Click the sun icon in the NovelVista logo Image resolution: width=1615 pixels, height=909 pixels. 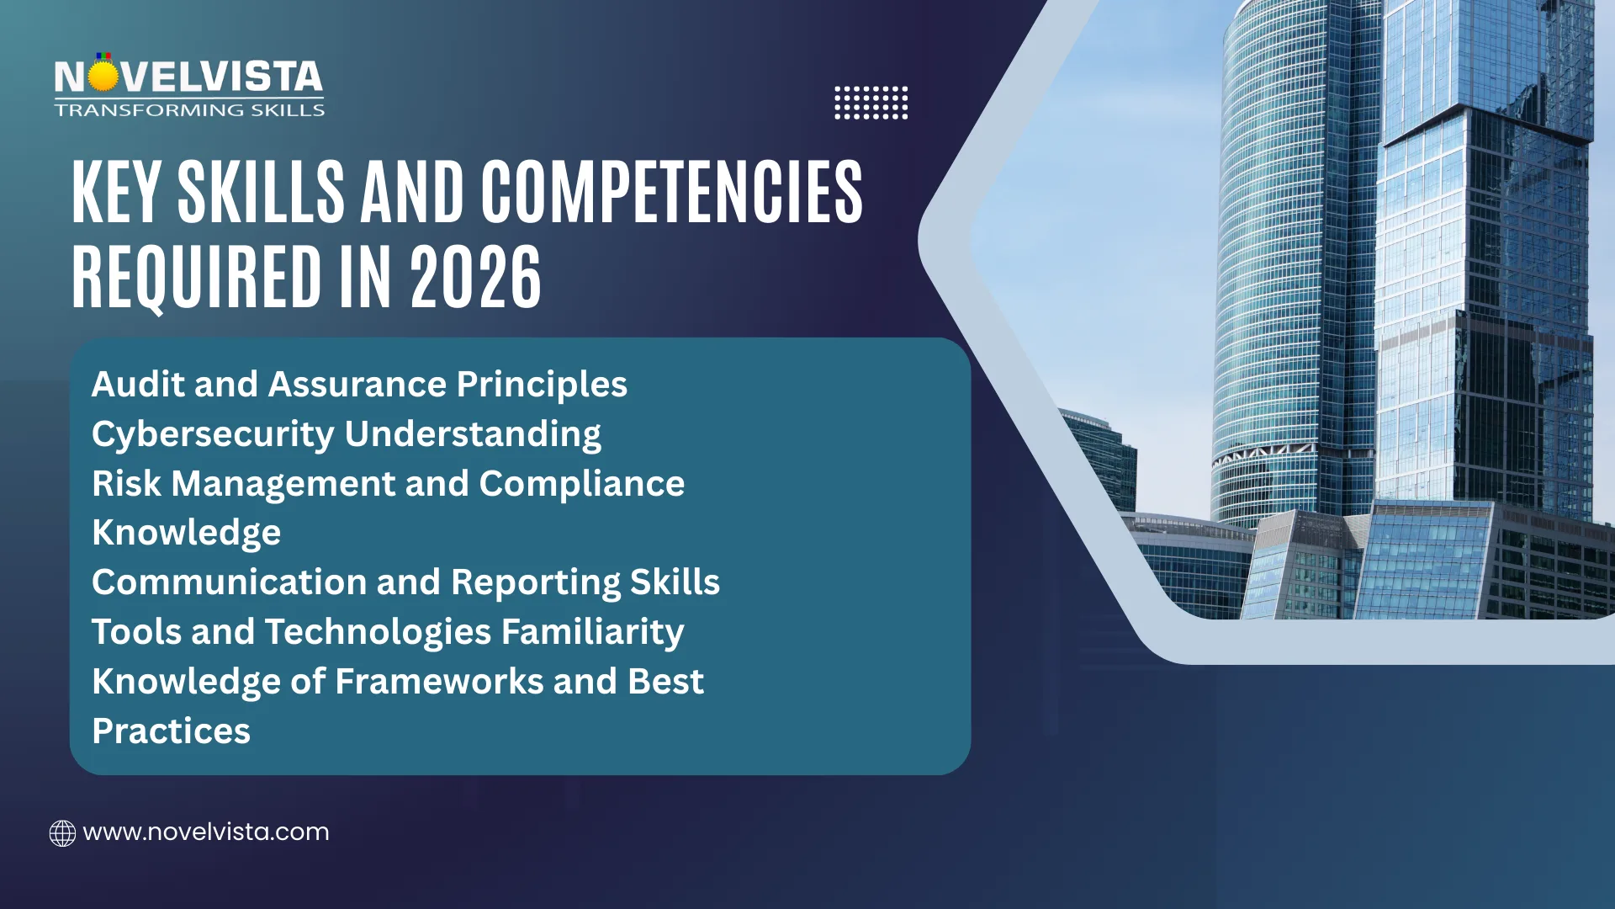[103, 76]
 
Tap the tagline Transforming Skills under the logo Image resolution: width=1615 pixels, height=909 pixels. [189, 110]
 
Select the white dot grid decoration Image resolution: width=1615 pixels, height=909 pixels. [871, 103]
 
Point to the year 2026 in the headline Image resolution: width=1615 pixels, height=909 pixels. [475, 277]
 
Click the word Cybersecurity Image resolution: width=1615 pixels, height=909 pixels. [213, 434]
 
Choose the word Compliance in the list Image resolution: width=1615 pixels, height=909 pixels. [582, 484]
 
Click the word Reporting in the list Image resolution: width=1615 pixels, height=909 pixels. [535, 582]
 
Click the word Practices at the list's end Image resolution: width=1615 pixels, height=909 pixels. [172, 731]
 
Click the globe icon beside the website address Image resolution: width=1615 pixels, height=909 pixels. [62, 833]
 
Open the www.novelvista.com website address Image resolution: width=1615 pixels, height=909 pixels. [206, 832]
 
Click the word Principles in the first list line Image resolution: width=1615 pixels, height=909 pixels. [542, 385]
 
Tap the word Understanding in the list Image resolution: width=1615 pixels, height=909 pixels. [473, 434]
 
